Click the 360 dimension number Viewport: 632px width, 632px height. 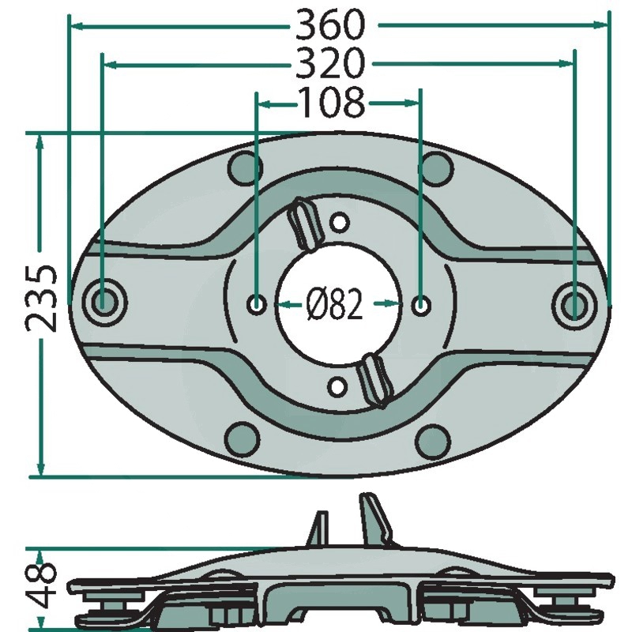pyautogui.click(x=329, y=25)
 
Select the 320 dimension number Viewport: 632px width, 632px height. pyautogui.click(x=329, y=63)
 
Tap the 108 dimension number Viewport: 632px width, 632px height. pyautogui.click(x=331, y=103)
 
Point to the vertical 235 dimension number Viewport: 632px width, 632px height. pyautogui.click(x=41, y=299)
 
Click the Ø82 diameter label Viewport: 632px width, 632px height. pyautogui.click(x=334, y=305)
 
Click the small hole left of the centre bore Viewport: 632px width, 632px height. pyautogui.click(x=256, y=304)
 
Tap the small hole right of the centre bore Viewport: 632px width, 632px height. pyautogui.click(x=421, y=305)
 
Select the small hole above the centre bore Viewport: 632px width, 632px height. pyautogui.click(x=340, y=223)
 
